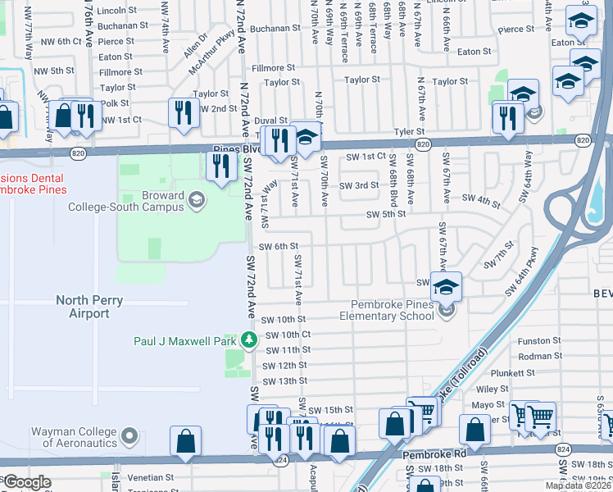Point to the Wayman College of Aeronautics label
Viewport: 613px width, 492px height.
pos(75,437)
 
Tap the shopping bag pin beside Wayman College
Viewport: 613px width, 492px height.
pos(186,441)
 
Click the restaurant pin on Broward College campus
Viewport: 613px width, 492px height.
pos(220,167)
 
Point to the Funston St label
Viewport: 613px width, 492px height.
pos(537,340)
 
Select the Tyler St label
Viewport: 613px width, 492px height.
pos(408,131)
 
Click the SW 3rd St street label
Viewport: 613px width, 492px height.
pos(361,185)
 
